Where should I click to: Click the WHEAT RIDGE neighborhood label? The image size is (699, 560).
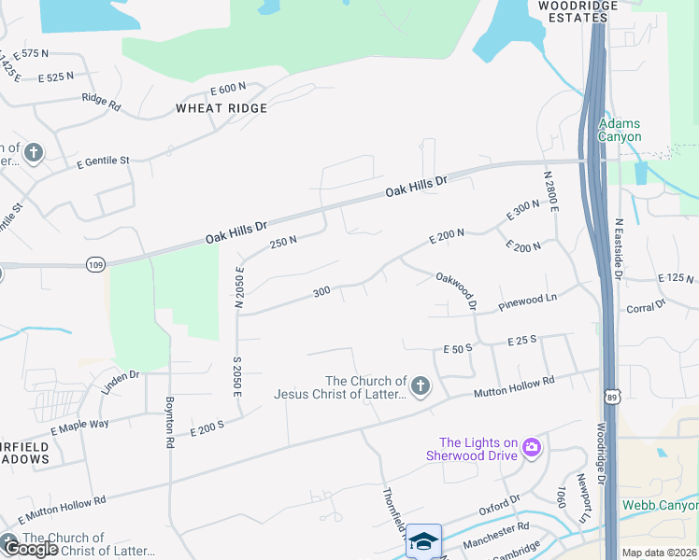coord(221,108)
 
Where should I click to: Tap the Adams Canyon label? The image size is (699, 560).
coord(620,130)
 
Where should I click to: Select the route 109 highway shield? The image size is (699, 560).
coord(94,264)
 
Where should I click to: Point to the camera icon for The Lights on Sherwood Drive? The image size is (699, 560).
coord(532,448)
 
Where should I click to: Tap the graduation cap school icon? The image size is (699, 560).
coord(423,540)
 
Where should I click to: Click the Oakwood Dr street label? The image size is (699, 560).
coord(456,290)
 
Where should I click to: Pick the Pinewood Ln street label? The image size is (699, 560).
coord(527,300)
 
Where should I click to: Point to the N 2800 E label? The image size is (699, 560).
coord(551,192)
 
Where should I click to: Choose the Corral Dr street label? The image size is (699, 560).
coord(646,307)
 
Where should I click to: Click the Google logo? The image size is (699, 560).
coord(32,549)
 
